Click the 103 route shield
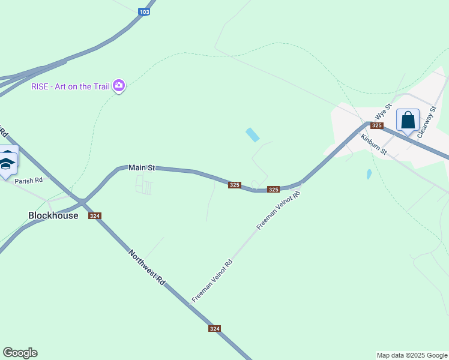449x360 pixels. click(143, 11)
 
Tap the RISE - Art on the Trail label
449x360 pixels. click(71, 86)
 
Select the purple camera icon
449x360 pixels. click(119, 86)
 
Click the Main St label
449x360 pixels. click(142, 168)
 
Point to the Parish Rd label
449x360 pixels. click(29, 180)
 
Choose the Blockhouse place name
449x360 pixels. click(53, 215)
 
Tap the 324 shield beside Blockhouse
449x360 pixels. click(95, 216)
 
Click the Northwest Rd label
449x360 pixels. click(146, 267)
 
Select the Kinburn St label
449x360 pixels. click(373, 145)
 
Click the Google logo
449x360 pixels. click(20, 353)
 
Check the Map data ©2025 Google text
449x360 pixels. click(412, 355)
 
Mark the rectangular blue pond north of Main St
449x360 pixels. click(253, 135)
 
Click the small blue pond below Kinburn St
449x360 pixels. click(369, 175)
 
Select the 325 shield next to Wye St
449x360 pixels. click(376, 125)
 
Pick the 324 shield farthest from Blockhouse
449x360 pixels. click(215, 328)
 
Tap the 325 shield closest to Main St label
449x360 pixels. click(235, 185)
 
